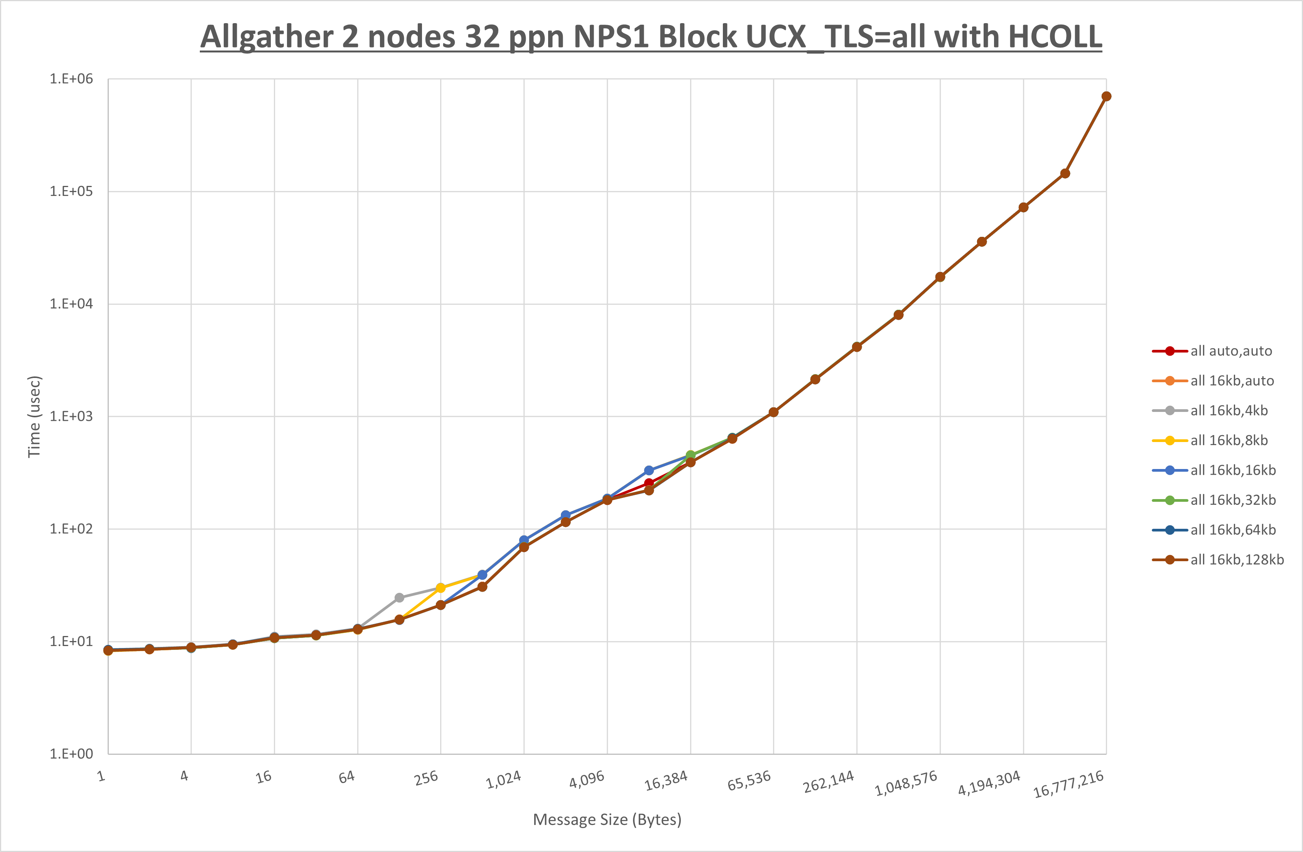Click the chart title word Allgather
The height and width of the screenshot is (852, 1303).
pyautogui.click(x=267, y=37)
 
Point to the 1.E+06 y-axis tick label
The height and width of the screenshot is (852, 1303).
pyautogui.click(x=71, y=79)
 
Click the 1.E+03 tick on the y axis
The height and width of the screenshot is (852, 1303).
pyautogui.click(x=71, y=416)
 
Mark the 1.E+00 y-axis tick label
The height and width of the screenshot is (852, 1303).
pyautogui.click(x=71, y=754)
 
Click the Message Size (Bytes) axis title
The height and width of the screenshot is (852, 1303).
pyautogui.click(x=607, y=820)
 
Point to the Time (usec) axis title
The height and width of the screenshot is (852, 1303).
pyautogui.click(x=34, y=416)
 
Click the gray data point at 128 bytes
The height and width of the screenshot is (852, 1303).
pyautogui.click(x=399, y=597)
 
